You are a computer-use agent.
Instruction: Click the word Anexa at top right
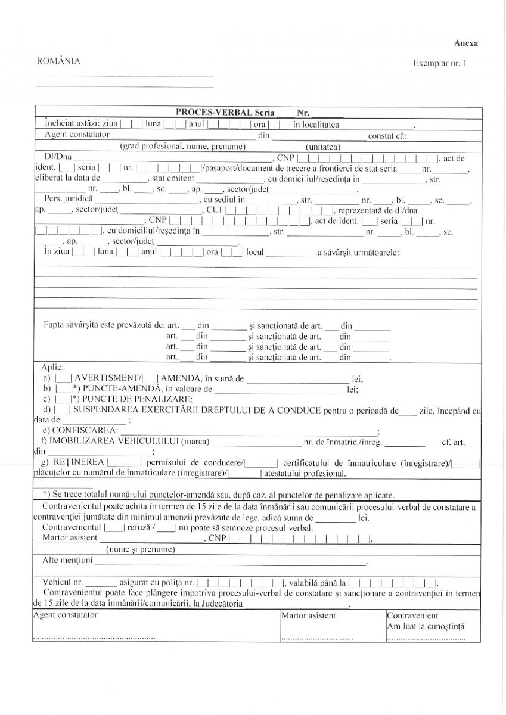[x=465, y=43]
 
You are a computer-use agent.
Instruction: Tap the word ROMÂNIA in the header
[x=58, y=61]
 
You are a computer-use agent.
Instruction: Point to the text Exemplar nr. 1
[x=440, y=63]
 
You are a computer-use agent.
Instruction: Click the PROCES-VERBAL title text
[x=215, y=113]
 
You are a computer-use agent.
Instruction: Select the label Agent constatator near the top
[x=74, y=135]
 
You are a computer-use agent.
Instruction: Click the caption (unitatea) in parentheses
[x=322, y=147]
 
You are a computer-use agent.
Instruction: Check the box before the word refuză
[x=114, y=528]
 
